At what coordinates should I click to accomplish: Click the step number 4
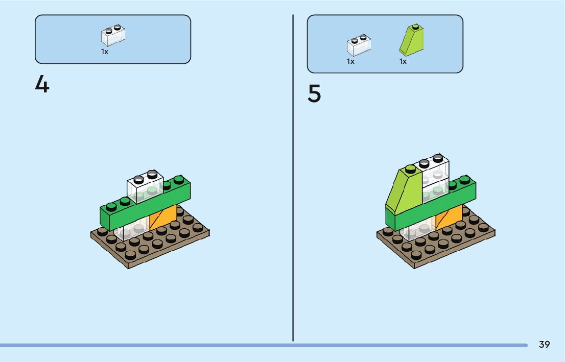[x=42, y=85]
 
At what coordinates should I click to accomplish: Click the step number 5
[x=315, y=94]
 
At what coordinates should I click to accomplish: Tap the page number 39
[x=544, y=345]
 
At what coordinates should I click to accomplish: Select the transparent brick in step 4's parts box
[x=113, y=36]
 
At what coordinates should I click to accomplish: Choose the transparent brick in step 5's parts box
[x=359, y=45]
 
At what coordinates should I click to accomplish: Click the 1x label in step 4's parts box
[x=105, y=52]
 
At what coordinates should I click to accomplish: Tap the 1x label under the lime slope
[x=403, y=62]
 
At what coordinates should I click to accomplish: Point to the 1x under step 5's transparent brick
[x=350, y=62]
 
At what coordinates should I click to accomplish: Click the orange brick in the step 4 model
[x=163, y=218]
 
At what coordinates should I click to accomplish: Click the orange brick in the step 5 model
[x=449, y=218]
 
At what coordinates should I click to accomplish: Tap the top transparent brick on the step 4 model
[x=145, y=188]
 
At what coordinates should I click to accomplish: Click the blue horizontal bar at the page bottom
[x=255, y=345]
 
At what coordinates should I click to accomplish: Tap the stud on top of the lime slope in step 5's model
[x=410, y=169]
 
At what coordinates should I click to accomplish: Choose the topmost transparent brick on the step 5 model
[x=435, y=166]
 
